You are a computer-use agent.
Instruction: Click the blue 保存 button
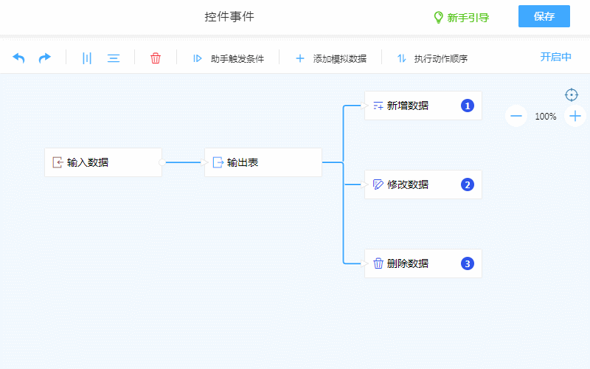coord(544,17)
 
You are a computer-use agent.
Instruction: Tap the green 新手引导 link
coord(461,18)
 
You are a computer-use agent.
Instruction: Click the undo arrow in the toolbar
coord(19,58)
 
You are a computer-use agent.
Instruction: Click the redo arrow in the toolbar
coord(45,58)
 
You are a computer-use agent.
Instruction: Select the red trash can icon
coord(156,58)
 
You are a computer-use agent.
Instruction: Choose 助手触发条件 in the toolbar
coord(229,58)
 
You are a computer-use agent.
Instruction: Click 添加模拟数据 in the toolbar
coord(331,58)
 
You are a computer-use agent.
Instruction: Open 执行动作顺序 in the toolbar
coord(432,58)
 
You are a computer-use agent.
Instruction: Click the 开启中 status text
coord(556,58)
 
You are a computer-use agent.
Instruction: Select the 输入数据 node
coord(103,162)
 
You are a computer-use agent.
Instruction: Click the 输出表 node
coord(263,162)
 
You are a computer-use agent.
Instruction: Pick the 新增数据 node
coord(423,106)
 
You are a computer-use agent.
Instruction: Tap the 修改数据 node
coord(423,184)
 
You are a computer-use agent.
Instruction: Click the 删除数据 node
coord(423,263)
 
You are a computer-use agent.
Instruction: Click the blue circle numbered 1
coord(467,106)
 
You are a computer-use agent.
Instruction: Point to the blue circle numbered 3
coord(467,263)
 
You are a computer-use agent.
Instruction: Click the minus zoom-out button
coord(516,116)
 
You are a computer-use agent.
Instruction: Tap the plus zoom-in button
coord(575,116)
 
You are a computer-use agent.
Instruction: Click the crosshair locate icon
coord(572,94)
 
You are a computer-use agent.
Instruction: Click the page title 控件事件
coord(229,17)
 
